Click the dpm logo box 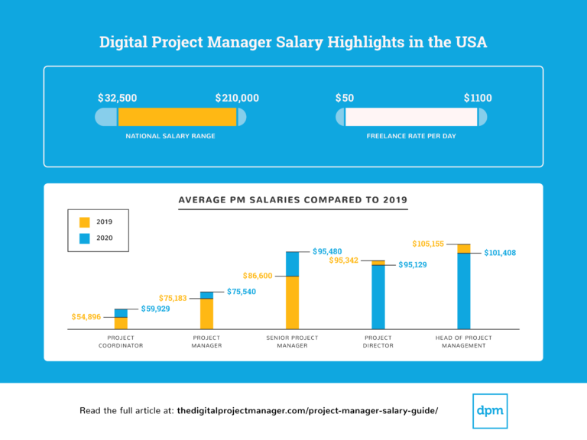coord(490,410)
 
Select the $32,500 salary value coord(117,99)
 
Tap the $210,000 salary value coord(237,99)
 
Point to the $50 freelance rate coord(345,99)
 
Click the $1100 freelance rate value coord(478,99)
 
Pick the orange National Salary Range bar coord(177,117)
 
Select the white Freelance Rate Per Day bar coord(411,117)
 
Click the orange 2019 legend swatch coord(84,222)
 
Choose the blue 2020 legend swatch coord(84,238)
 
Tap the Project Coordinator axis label coord(121,341)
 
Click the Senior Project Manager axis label coord(292,341)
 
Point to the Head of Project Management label coord(463,341)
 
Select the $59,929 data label coord(156,309)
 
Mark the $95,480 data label coord(327,251)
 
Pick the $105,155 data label coord(428,244)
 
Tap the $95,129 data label coord(413,265)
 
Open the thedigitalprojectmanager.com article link coord(307,411)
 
